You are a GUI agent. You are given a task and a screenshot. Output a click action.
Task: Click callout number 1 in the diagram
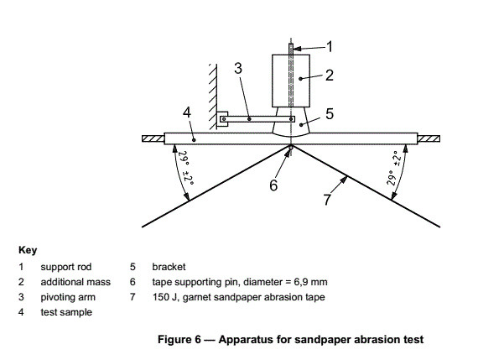[330, 44]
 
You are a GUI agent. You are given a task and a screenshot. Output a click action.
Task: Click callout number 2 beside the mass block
[330, 76]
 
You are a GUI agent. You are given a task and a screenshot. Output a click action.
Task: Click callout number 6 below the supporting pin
[273, 185]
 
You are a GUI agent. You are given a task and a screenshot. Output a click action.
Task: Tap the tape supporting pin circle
[290, 148]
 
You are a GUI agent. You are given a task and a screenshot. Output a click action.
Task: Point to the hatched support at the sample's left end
[153, 137]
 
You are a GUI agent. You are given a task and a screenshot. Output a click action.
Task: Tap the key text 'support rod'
[63, 266]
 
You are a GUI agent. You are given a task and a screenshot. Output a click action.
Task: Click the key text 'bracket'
[168, 266]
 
